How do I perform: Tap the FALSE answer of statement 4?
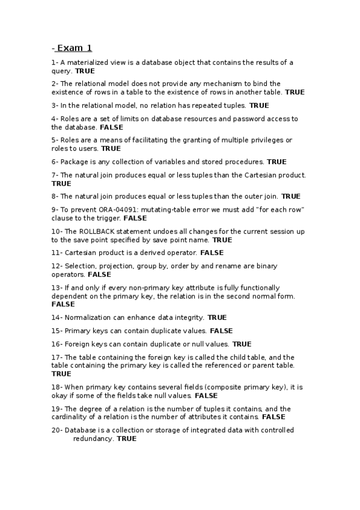pyautogui.click(x=111, y=127)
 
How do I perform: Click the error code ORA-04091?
pyautogui.click(x=119, y=209)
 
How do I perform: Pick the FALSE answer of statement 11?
pyautogui.click(x=212, y=253)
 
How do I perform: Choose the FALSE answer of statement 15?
pyautogui.click(x=221, y=331)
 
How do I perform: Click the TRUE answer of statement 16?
pyautogui.click(x=242, y=344)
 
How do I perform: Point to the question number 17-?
pyautogui.click(x=56, y=357)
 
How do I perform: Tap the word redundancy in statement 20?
pyautogui.click(x=93, y=439)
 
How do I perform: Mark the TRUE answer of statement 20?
pyautogui.click(x=127, y=439)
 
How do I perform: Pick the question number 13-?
pyautogui.click(x=56, y=288)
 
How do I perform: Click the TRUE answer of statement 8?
pyautogui.click(x=291, y=196)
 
